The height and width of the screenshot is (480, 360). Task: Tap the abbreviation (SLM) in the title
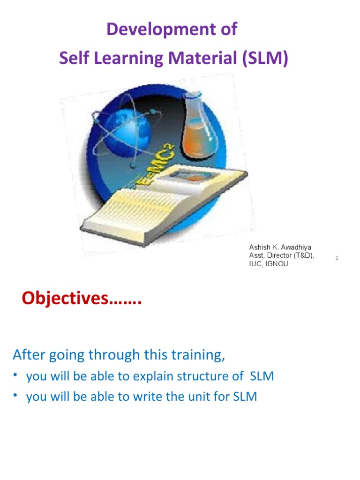pos(266,59)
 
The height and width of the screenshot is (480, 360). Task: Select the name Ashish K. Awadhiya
pos(280,247)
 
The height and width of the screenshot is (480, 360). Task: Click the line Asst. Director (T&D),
pos(281,255)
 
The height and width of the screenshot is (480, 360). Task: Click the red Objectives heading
pos(82,298)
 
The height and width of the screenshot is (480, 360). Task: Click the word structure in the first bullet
pos(206,376)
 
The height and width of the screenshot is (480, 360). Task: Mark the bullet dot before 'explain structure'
pos(15,375)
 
